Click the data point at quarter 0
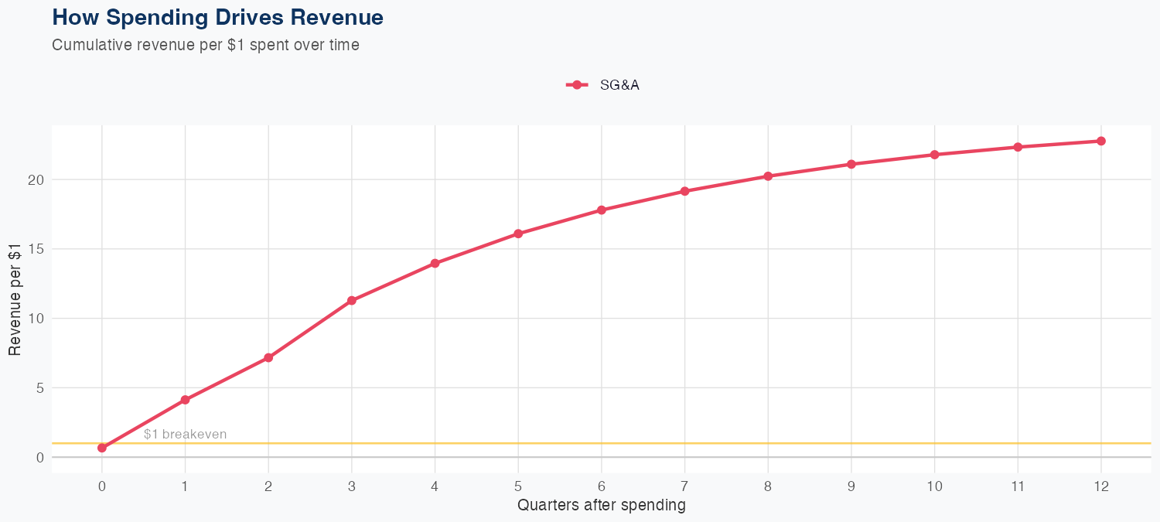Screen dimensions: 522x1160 point(102,448)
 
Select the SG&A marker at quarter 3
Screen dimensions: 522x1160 point(352,300)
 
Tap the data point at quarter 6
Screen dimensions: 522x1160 point(602,210)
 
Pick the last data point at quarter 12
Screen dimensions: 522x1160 point(1101,141)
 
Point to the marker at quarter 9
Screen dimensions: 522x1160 point(851,164)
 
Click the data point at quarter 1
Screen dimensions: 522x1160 point(185,400)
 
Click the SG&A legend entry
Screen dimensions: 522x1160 point(603,85)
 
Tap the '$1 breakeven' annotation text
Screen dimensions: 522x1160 point(186,434)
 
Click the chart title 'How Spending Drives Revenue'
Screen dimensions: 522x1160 point(217,17)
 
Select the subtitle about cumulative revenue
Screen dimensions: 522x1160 point(206,45)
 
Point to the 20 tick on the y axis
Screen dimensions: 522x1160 point(34,179)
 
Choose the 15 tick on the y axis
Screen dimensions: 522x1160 point(34,249)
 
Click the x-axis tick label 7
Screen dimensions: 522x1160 point(684,486)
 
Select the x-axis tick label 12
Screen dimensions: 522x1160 point(1101,486)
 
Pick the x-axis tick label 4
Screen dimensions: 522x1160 point(435,486)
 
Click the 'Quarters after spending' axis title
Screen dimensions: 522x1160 point(602,506)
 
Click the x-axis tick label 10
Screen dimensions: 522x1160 point(934,486)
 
